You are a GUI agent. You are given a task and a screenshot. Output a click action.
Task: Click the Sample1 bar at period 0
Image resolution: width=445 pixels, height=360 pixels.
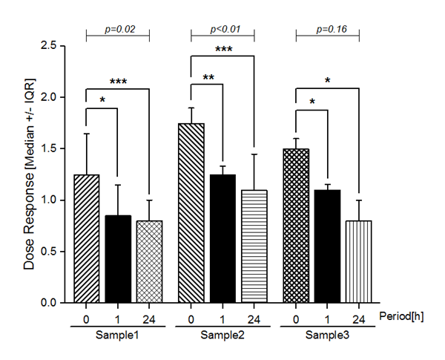pos(87,239)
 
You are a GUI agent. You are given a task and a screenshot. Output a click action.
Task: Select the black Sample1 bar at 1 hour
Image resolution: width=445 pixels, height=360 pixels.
pos(118,259)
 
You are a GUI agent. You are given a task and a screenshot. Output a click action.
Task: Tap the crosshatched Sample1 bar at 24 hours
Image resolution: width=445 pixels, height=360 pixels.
pos(149,261)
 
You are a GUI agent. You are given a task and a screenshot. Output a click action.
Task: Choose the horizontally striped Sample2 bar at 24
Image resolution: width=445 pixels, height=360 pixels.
pos(254,246)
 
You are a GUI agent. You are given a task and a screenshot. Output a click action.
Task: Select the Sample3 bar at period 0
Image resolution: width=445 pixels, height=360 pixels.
pos(296,226)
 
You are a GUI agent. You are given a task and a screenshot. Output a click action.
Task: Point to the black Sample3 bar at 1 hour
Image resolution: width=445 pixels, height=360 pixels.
pos(327,246)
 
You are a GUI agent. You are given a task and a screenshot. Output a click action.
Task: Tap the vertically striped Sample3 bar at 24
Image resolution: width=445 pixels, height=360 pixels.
pos(358,261)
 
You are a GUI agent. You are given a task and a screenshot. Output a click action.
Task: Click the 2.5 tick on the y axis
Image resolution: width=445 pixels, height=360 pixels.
pos(49,46)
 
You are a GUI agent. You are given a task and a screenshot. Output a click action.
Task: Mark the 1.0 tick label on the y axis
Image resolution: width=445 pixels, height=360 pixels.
pos(49,200)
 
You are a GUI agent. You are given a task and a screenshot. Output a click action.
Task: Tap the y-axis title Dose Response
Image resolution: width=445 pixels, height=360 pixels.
pos(29,174)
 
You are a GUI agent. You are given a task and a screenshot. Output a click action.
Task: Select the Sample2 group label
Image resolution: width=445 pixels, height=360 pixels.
pos(222,336)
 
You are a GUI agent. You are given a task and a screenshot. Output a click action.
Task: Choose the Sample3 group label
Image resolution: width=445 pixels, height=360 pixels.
pos(327,336)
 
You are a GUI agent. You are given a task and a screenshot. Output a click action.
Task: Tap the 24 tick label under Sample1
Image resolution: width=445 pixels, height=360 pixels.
pos(149,319)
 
